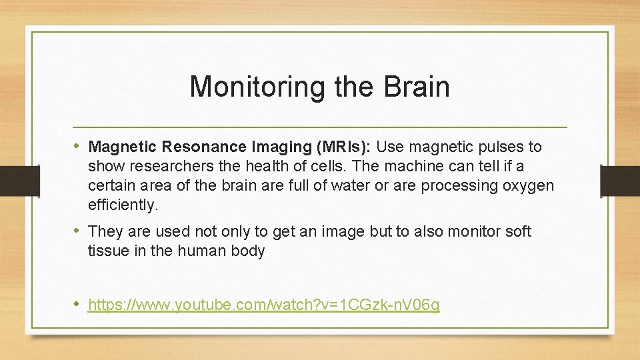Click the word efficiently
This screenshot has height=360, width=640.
coord(123,205)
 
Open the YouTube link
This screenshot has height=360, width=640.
coord(263,305)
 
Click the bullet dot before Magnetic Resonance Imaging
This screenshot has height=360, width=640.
coord(77,146)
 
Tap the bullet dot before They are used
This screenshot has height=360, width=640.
coord(77,231)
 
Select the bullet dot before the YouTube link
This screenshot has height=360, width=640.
coord(77,305)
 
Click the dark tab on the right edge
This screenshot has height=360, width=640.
coord(620,181)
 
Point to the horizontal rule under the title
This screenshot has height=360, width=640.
coord(320,127)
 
